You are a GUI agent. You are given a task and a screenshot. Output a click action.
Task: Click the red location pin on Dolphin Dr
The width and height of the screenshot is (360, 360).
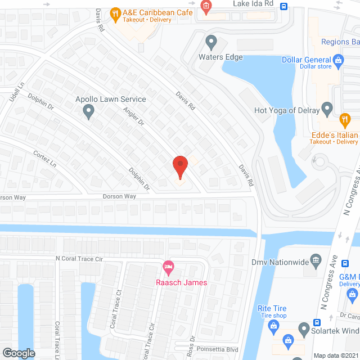pos(179,167)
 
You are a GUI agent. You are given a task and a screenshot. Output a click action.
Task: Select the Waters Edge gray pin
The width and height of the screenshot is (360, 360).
pos(211,42)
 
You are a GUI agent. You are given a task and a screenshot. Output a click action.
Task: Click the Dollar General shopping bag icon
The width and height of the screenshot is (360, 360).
pos(338,59)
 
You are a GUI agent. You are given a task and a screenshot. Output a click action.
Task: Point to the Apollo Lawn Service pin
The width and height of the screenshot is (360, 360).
pos(88,112)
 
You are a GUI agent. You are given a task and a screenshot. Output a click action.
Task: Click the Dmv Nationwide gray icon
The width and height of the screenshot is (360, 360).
pos(316,260)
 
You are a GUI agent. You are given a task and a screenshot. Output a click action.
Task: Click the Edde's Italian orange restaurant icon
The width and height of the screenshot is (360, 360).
pos(344,119)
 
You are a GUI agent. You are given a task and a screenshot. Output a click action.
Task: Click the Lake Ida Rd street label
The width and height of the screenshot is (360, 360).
pos(253,4)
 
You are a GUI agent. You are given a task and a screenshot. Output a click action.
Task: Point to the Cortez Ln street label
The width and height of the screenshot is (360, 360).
pos(45,159)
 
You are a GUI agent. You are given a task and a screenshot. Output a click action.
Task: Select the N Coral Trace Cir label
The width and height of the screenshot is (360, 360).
pos(79,259)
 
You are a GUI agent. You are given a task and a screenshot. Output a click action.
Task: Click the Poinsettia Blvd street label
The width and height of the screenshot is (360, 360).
pos(217,350)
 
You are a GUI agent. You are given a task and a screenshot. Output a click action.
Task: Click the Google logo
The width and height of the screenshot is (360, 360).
pos(19,353)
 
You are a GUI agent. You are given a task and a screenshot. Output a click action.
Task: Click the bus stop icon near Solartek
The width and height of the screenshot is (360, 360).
pos(317,323)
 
